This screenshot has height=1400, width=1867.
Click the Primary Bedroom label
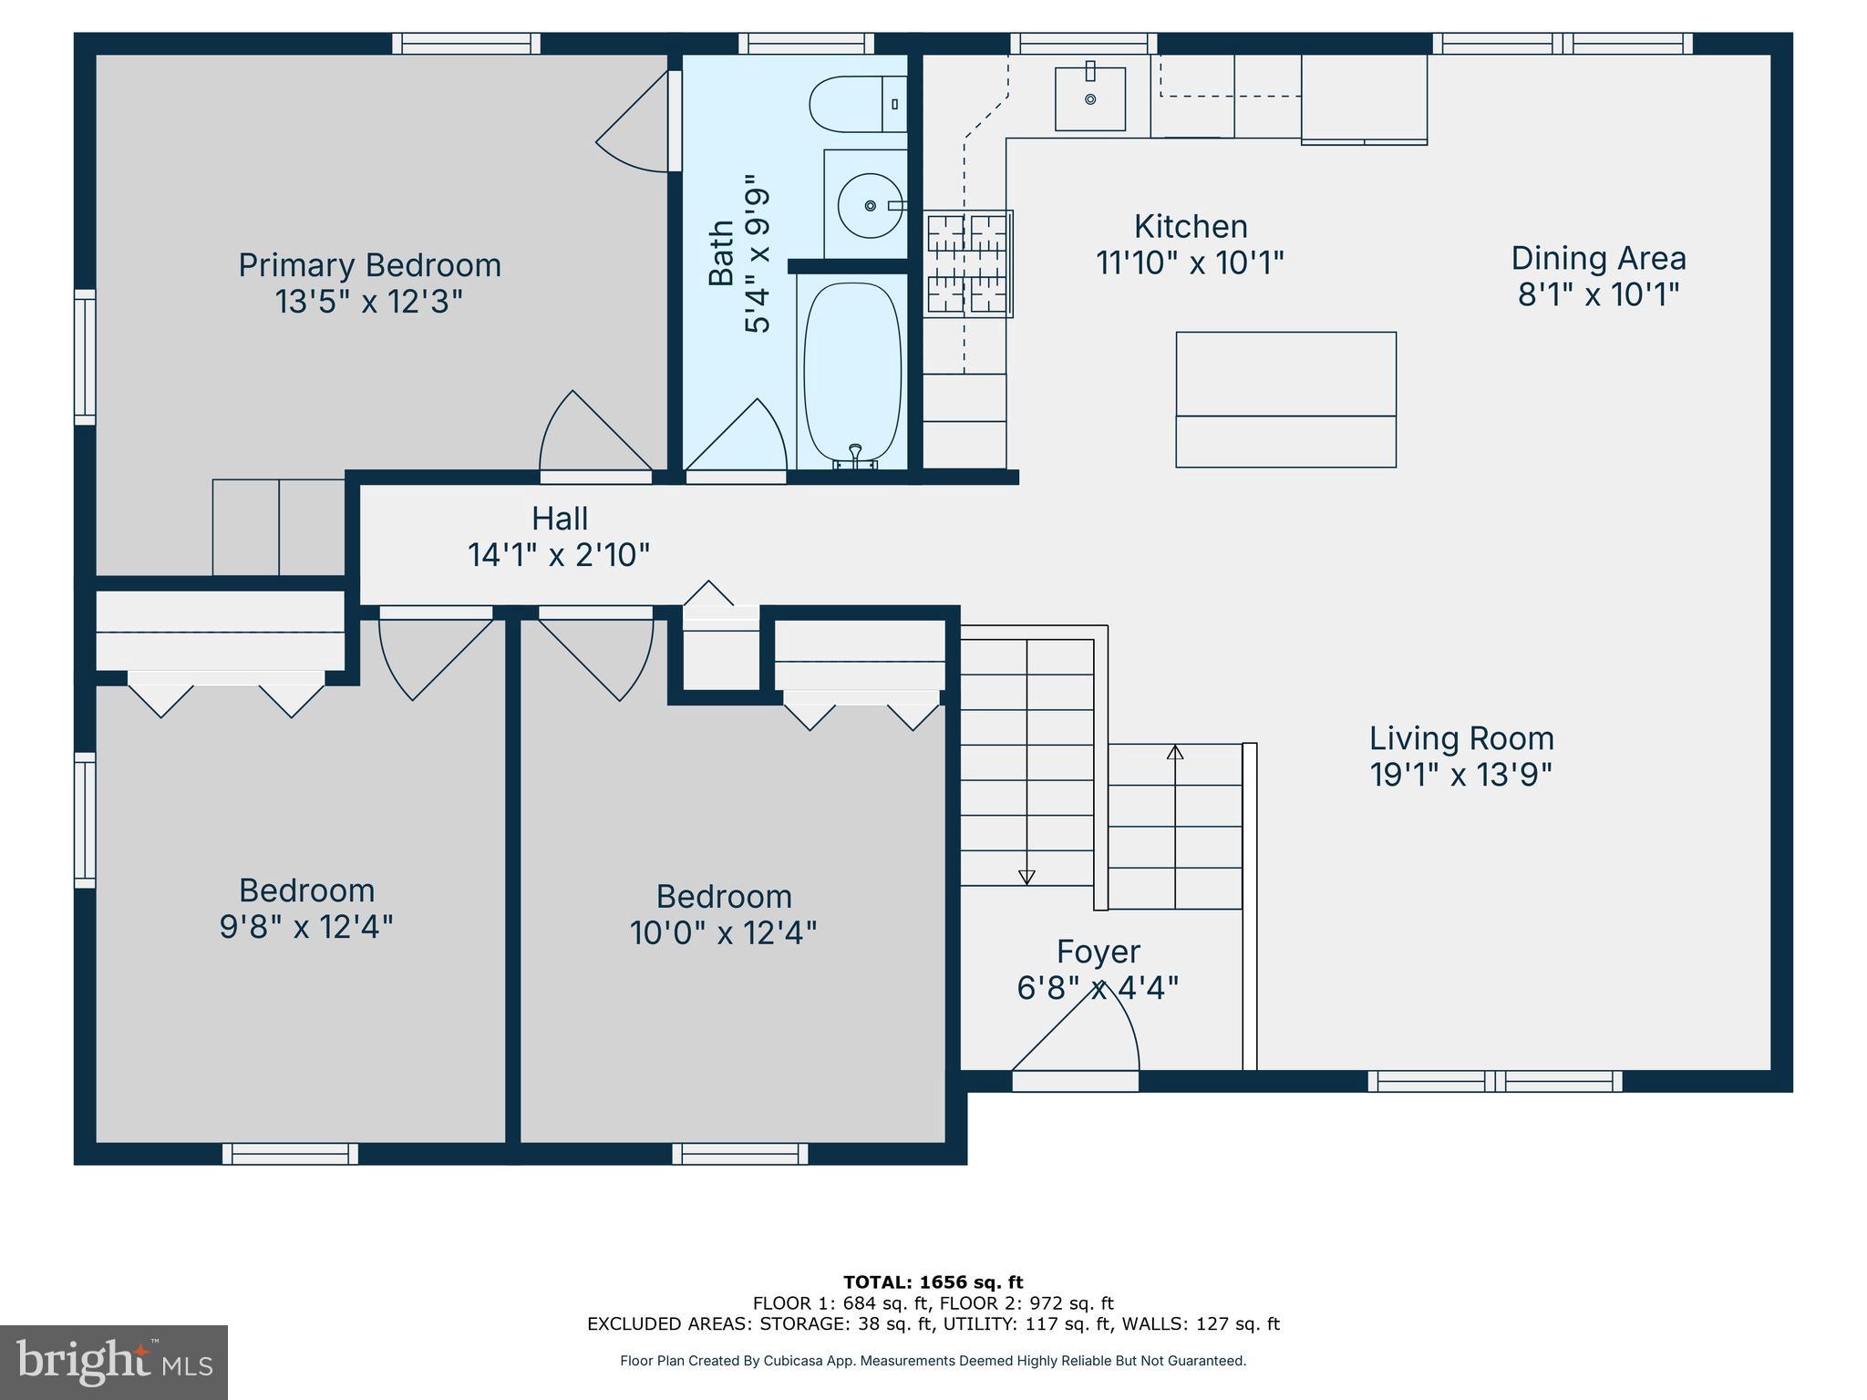369,265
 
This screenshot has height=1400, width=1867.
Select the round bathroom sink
871,206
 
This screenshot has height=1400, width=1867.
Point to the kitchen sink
1089,98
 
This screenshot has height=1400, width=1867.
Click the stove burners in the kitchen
967,264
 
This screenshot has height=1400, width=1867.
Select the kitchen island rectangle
1285,399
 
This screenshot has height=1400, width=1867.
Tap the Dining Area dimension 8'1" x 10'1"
1598,294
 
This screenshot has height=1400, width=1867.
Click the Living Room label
1461,738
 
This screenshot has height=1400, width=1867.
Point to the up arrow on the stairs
1175,753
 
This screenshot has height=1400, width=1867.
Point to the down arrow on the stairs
1026,877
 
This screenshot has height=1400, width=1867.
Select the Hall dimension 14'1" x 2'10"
558,554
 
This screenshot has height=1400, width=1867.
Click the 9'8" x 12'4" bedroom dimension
306,927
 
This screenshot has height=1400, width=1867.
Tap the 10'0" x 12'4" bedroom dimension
723,932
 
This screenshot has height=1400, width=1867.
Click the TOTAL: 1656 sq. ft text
933,1282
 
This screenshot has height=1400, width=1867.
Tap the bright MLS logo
114,1362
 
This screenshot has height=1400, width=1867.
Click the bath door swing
738,437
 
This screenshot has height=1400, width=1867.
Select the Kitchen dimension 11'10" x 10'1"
1190,262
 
